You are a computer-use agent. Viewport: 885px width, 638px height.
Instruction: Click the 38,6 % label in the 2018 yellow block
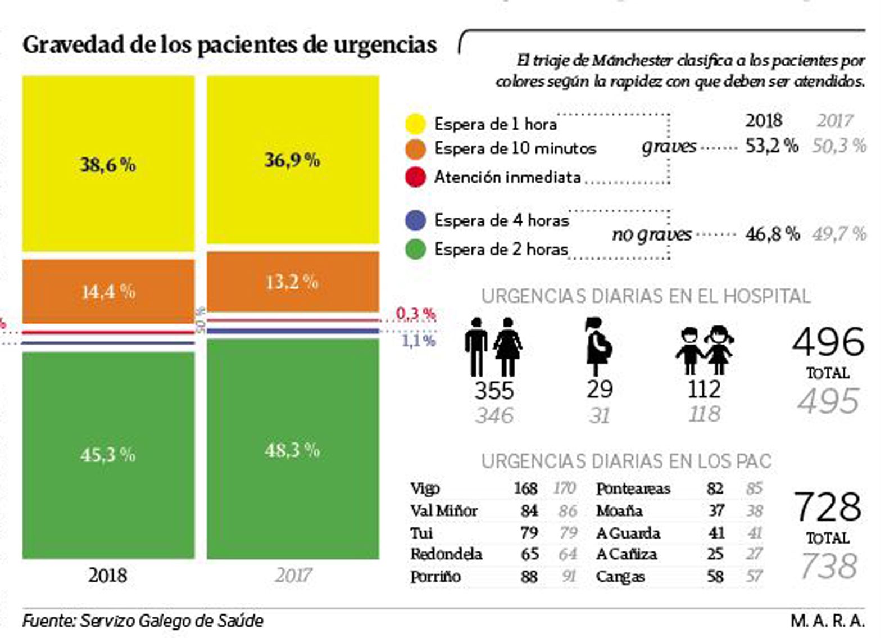107,164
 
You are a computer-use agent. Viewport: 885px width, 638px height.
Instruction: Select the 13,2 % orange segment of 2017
292,281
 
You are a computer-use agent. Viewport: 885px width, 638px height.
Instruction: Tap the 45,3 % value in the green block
107,454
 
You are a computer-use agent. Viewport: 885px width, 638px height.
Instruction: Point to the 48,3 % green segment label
292,450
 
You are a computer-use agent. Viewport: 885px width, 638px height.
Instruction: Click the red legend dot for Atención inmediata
415,177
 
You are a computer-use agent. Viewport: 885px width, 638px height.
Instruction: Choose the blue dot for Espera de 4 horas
415,220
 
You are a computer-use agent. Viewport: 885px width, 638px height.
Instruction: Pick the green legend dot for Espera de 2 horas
415,248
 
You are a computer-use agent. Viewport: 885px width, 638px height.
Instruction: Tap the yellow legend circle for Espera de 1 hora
415,124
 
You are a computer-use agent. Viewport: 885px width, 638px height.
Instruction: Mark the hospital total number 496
828,342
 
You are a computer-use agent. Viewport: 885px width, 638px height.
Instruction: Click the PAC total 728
827,507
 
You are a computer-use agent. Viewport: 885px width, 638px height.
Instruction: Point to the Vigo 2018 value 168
525,488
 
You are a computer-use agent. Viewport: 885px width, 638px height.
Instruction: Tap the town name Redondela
446,554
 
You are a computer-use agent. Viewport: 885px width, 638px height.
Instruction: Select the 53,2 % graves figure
771,146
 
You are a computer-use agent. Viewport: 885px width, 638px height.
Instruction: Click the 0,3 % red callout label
416,314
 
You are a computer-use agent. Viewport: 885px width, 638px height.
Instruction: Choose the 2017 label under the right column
293,575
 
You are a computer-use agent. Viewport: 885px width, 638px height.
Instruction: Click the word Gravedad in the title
74,45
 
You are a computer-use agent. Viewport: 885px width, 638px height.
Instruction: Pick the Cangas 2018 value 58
715,576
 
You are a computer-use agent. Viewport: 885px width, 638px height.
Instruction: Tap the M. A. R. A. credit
827,621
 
